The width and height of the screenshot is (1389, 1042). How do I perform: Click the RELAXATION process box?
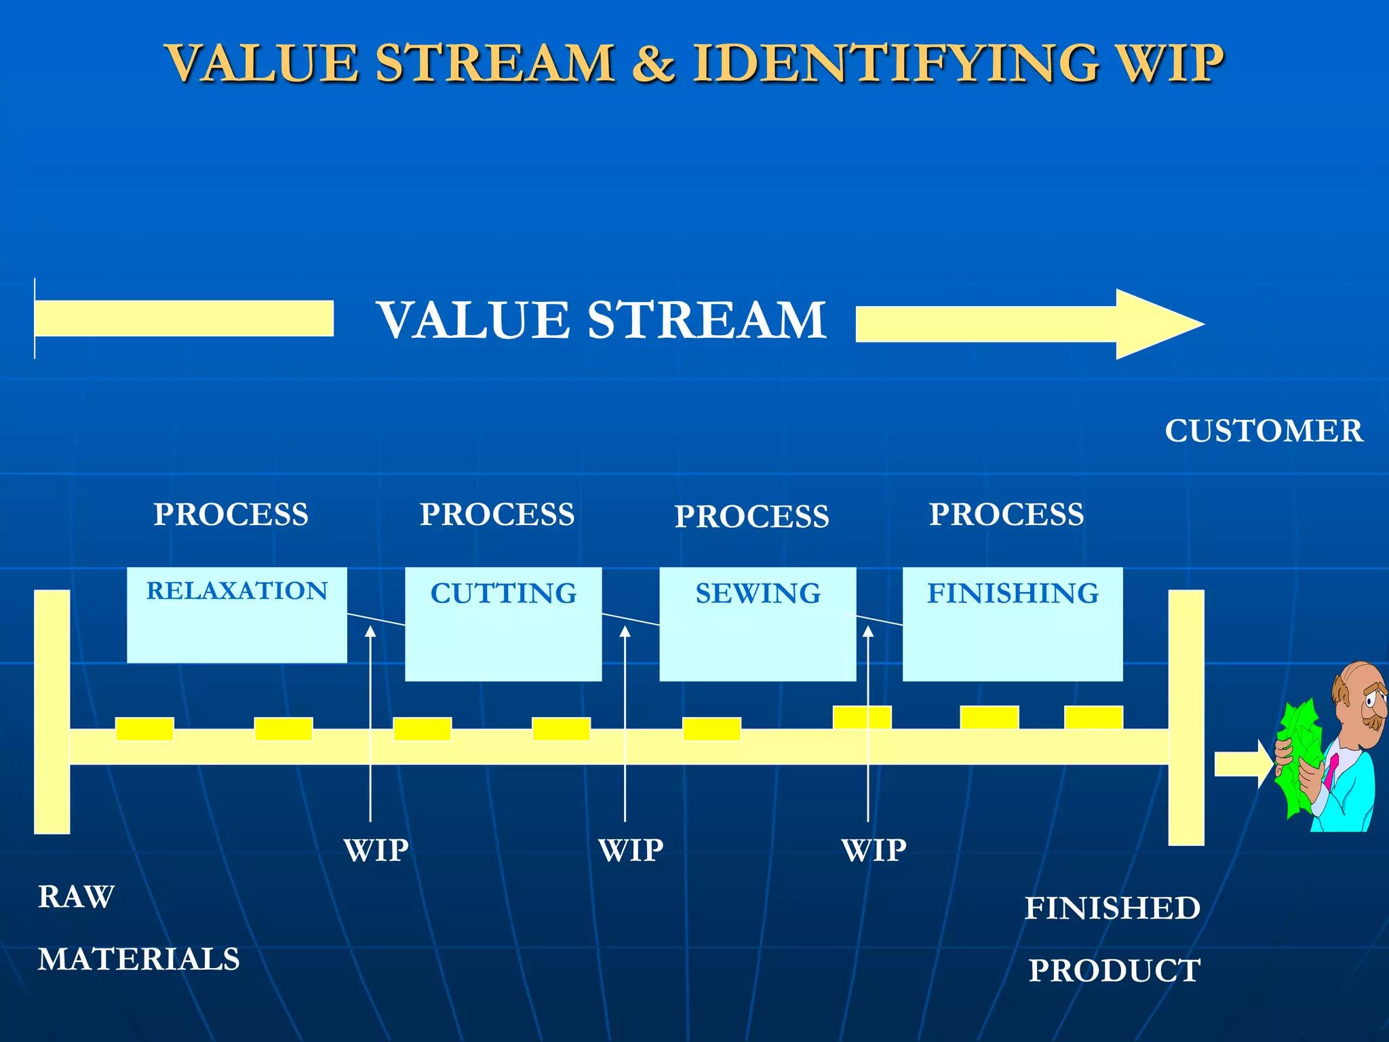coord(237,615)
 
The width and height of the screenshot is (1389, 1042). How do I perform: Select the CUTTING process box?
coord(503,624)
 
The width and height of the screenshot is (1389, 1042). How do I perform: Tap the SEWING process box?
coord(758,624)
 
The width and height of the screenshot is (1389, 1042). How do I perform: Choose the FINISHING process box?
coord(1013,624)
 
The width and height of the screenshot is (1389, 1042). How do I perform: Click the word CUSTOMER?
coord(1264,431)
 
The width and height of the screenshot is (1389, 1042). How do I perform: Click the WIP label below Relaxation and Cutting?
coord(376,850)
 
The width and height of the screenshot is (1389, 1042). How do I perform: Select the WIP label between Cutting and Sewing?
coord(631,850)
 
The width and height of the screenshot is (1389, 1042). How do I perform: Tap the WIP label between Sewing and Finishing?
coord(874,850)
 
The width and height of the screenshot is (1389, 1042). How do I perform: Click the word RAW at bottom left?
coord(76,897)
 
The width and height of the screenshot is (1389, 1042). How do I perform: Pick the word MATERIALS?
coord(139,959)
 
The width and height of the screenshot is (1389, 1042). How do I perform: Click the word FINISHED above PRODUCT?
coord(1112,908)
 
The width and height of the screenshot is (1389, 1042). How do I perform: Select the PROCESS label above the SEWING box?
coord(751,516)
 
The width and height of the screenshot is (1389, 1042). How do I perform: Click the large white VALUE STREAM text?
coord(601,320)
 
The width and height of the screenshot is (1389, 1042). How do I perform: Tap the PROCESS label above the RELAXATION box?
coord(231,514)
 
